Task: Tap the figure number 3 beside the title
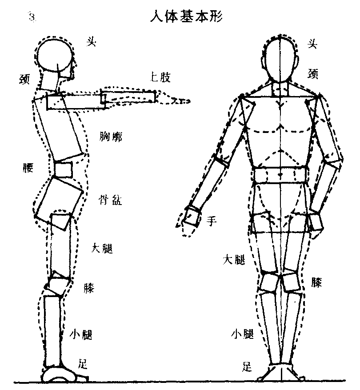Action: [x=32, y=17]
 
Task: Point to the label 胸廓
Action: [x=111, y=136]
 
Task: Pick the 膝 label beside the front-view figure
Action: [x=316, y=282]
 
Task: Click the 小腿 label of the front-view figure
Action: [x=242, y=333]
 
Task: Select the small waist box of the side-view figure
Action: [x=63, y=169]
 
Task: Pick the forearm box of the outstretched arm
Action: [x=128, y=97]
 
